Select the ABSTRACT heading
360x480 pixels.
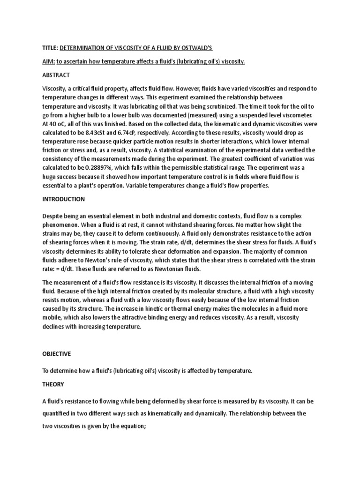[57, 75]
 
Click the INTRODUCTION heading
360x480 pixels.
[63, 199]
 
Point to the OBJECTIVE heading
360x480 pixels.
[57, 354]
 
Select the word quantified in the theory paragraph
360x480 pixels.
[58, 414]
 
